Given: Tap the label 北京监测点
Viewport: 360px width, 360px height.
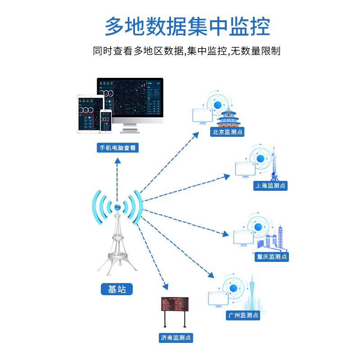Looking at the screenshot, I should [x=228, y=132].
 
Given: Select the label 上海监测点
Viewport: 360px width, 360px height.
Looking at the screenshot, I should [x=270, y=185].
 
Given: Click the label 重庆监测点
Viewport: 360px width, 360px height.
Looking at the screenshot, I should [x=271, y=256].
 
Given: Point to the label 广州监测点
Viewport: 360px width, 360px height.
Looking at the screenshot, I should [x=243, y=315].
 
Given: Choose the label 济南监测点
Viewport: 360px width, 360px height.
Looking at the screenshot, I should [x=176, y=337].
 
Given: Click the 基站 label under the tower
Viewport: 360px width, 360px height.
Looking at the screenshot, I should [x=117, y=289].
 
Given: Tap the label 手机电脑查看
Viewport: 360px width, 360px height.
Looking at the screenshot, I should [x=117, y=148].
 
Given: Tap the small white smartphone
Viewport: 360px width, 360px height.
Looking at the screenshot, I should [x=105, y=121].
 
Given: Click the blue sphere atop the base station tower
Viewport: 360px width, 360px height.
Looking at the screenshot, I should [x=117, y=207].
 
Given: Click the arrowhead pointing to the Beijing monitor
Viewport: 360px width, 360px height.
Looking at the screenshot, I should [x=195, y=135].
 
